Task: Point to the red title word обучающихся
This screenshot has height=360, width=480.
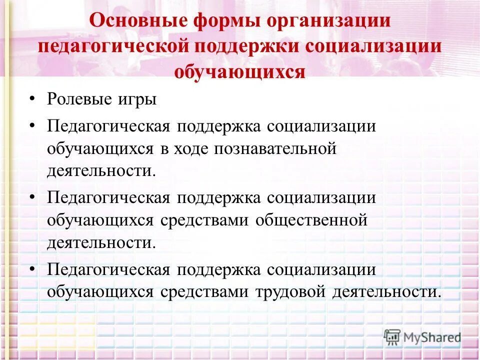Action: coord(240,71)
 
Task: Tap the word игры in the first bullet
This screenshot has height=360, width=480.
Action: coord(140,98)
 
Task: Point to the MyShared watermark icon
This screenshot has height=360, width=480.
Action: coord(392,337)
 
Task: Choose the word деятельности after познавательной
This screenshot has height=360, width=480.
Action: coord(101,171)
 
